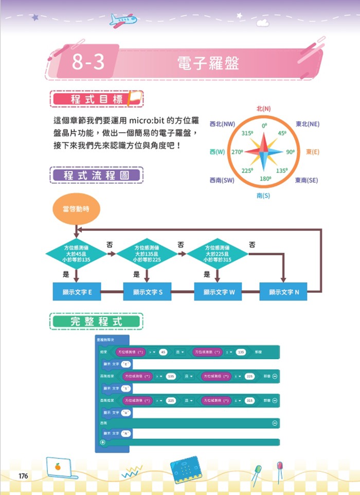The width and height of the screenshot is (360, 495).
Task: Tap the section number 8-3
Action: pos(88,63)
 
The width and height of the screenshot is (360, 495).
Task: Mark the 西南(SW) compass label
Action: pos(222,180)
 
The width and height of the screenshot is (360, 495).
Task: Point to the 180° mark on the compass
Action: pos(265,179)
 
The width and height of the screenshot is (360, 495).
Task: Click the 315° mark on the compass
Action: pos(247,133)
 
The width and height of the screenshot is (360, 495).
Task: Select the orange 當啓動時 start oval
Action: pos(76,209)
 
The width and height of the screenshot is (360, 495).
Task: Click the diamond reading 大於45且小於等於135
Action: pos(76,253)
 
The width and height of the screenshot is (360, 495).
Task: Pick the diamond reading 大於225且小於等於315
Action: pos(217,253)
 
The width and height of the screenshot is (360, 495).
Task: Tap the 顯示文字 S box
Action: pos(147,292)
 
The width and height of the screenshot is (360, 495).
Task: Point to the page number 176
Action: pos(23,475)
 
